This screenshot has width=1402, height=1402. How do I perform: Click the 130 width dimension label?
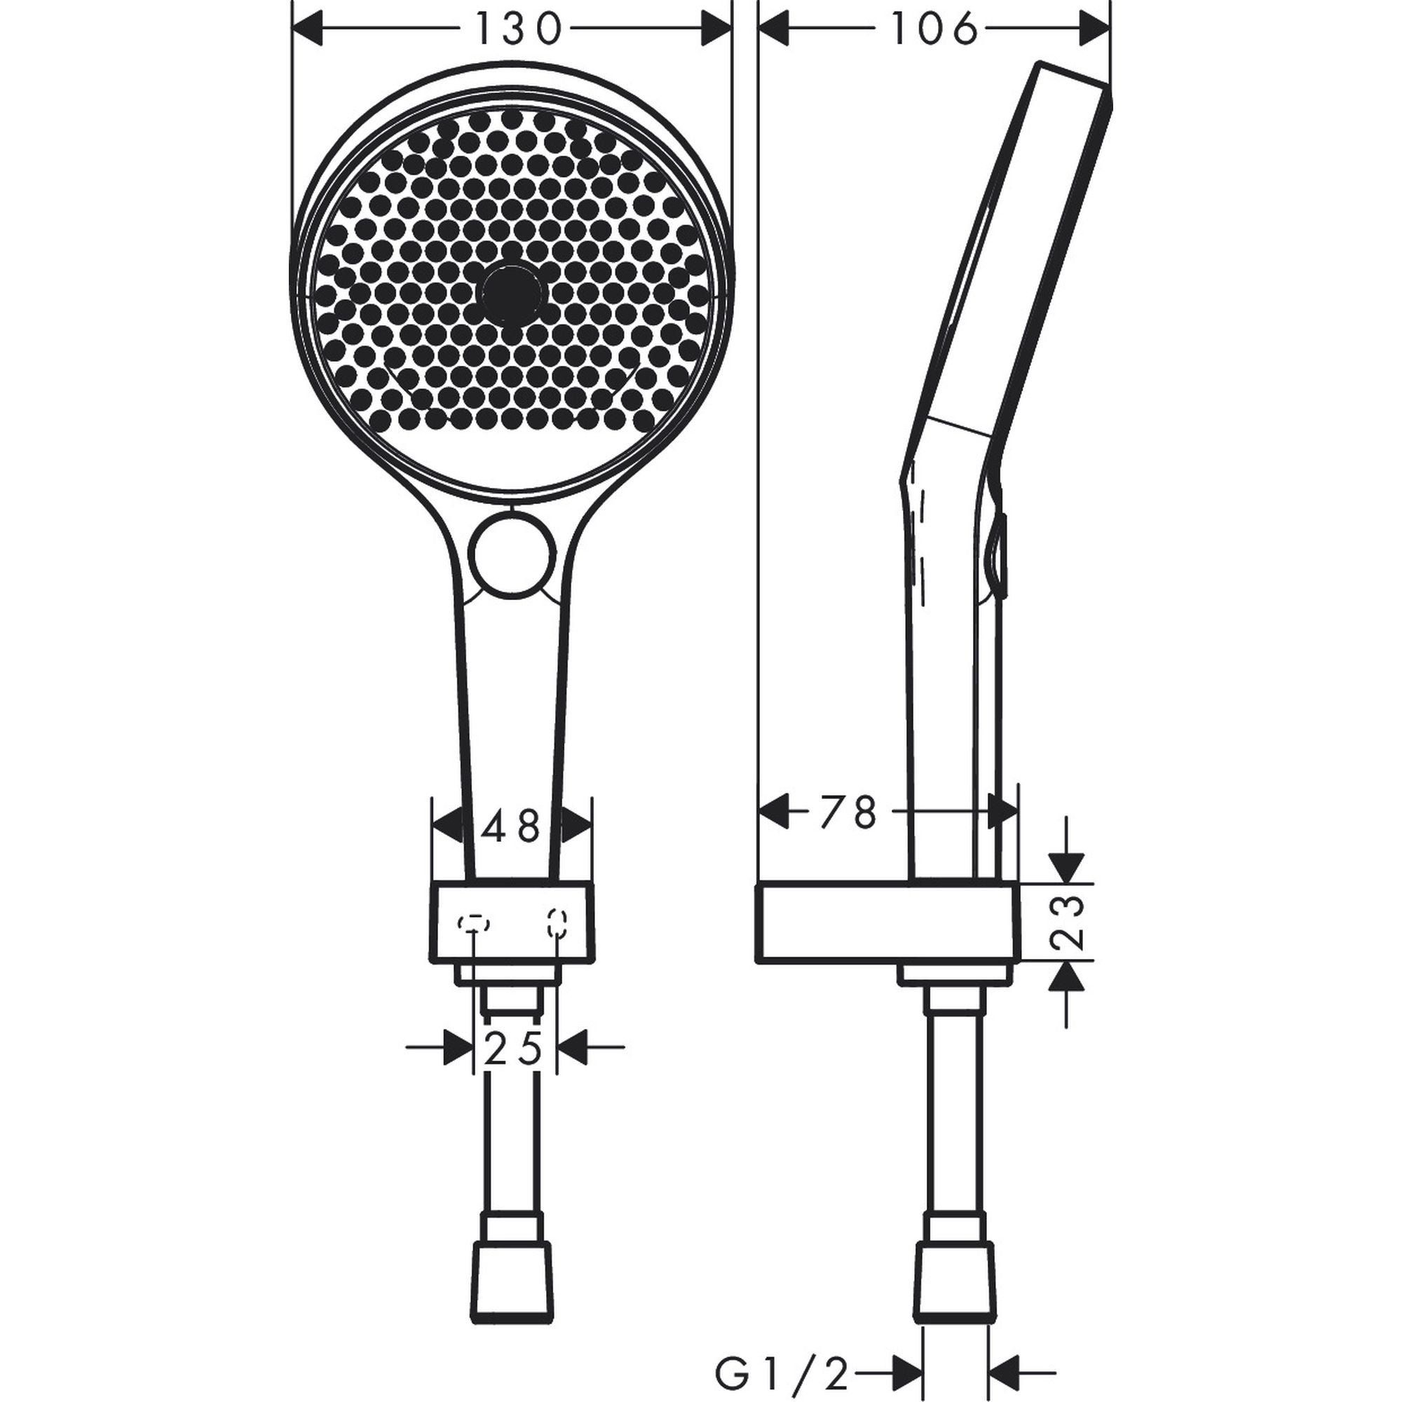(518, 30)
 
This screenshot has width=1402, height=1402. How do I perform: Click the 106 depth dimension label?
(934, 30)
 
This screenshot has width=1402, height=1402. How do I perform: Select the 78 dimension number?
(848, 812)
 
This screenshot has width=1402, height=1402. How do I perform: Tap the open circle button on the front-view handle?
(510, 557)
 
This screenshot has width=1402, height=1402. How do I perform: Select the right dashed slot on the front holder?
(557, 923)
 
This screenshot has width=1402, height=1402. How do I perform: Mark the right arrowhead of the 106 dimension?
(1095, 30)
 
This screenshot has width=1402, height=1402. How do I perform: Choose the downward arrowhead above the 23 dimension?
(1066, 867)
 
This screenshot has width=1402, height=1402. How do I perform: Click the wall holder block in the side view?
(887, 923)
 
